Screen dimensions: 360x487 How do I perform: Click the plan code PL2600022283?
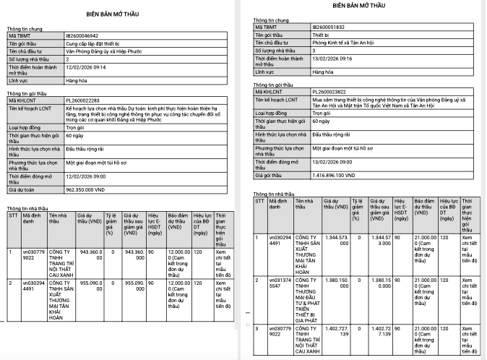82,100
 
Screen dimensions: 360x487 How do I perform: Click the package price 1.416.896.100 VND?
341,174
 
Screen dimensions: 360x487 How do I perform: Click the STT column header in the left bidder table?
12,215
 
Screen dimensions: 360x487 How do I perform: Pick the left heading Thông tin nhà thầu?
27,207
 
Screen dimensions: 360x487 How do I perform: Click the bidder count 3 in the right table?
314,51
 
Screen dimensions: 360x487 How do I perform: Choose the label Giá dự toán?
23,189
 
